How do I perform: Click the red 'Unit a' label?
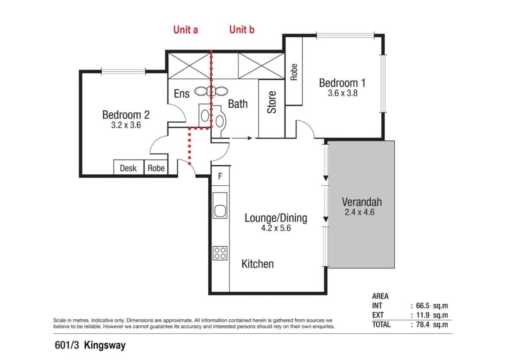[185, 30]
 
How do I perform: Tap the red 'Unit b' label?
[242, 30]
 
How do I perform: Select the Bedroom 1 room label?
[342, 83]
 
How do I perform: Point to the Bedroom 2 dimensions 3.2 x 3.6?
[126, 125]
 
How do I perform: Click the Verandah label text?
[362, 202]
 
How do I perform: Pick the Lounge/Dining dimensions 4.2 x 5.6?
[276, 228]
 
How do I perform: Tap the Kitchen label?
[257, 264]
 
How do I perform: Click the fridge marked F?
[220, 176]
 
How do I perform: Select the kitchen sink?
[220, 206]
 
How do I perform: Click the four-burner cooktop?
[220, 253]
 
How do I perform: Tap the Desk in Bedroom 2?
[129, 167]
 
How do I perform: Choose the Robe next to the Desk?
[156, 167]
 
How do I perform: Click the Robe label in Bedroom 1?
[294, 72]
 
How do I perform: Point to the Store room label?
[271, 102]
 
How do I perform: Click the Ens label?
[182, 93]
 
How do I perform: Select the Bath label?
[238, 104]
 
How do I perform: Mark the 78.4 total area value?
[422, 324]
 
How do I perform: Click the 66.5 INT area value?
[422, 306]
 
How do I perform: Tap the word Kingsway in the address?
[105, 346]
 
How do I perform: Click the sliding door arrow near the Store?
[242, 138]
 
